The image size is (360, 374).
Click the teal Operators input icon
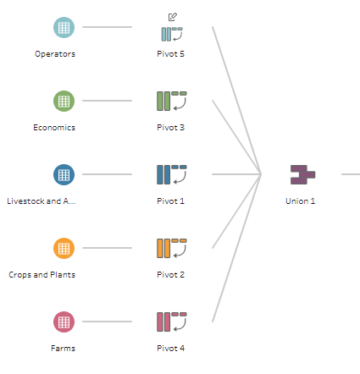(x=64, y=27)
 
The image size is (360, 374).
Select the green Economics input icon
(x=64, y=101)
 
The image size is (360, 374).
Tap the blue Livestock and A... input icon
(x=64, y=174)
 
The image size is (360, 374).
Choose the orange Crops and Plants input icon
(x=64, y=248)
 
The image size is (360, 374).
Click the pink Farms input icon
(x=64, y=322)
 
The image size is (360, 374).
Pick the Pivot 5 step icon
(x=172, y=34)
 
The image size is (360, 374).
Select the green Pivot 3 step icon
(x=172, y=101)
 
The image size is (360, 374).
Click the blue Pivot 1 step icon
(x=172, y=174)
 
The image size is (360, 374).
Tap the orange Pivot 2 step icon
(x=172, y=248)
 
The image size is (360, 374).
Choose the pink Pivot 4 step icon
(x=172, y=322)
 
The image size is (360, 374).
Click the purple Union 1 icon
(x=303, y=175)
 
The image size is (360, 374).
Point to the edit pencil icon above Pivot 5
(x=173, y=17)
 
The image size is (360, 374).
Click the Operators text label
(x=55, y=54)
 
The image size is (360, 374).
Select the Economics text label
(x=54, y=128)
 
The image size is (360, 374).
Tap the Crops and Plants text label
(x=42, y=275)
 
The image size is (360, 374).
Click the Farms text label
(x=63, y=349)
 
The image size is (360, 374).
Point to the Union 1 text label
(x=301, y=201)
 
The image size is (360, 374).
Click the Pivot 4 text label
(x=171, y=349)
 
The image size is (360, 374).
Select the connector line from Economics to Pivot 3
(x=107, y=101)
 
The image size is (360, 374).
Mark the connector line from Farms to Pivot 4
(x=107, y=322)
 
